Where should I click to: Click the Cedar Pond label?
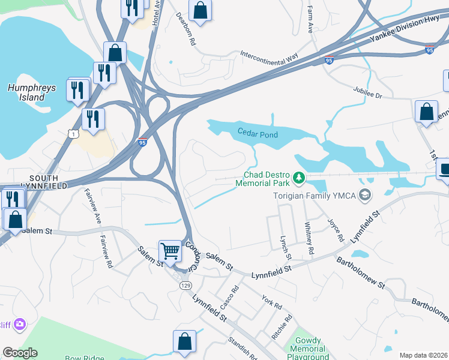[x=258, y=134]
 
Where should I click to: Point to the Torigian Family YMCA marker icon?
[x=364, y=194]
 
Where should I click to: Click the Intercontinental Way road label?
[x=269, y=57]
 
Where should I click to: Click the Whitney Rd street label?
[x=309, y=239]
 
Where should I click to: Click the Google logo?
[x=20, y=353]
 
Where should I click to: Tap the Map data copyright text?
[x=424, y=355]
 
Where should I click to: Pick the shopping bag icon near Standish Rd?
[x=184, y=341]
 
